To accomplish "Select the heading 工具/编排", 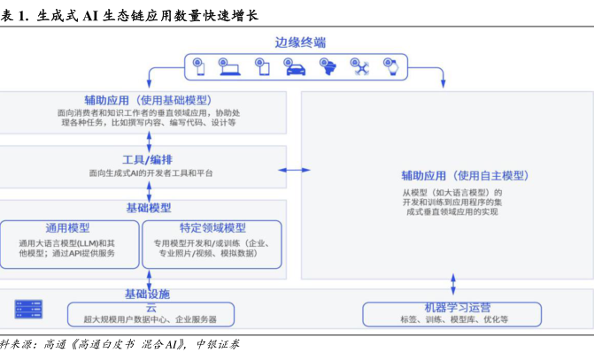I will pos(150,160).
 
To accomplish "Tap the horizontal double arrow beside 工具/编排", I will pos(294,167).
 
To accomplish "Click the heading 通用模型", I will pos(67,227).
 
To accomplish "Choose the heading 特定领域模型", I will pos(212,227).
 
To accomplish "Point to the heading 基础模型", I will pos(149,208).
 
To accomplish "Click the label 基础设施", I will pos(148,294).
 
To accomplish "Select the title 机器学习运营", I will pos(453,306).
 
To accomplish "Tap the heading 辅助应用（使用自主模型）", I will pos(452,175).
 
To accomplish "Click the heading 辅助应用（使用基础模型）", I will pos(148,100).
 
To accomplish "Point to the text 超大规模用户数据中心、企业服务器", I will pos(150,318).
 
